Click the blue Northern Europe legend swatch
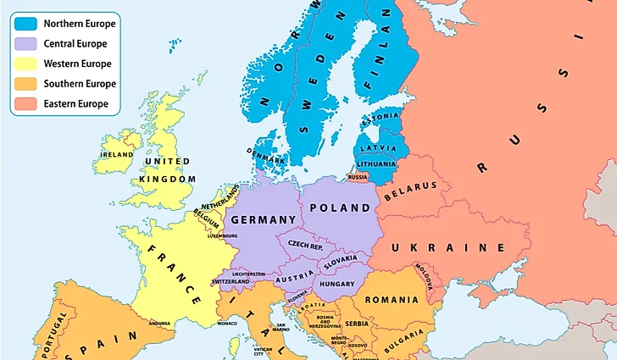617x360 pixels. coord(25,23)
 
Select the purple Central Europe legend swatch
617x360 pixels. coord(25,43)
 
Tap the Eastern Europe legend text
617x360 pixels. coord(76,104)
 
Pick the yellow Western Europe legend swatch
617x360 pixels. coord(25,64)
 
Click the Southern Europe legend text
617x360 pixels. coord(79,84)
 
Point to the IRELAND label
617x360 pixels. coord(117,155)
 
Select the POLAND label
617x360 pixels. coord(340,208)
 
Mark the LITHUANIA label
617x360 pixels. coord(376,163)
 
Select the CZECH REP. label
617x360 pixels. coord(307,244)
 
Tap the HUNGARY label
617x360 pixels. coord(337,285)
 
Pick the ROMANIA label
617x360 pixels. coord(392,300)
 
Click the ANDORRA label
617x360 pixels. coord(159,323)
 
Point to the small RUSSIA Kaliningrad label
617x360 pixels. coord(358,177)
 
